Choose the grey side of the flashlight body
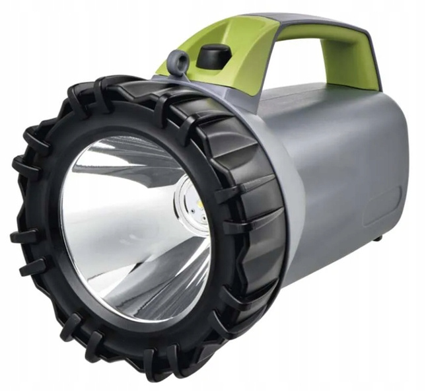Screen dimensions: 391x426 click(x=343, y=185)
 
